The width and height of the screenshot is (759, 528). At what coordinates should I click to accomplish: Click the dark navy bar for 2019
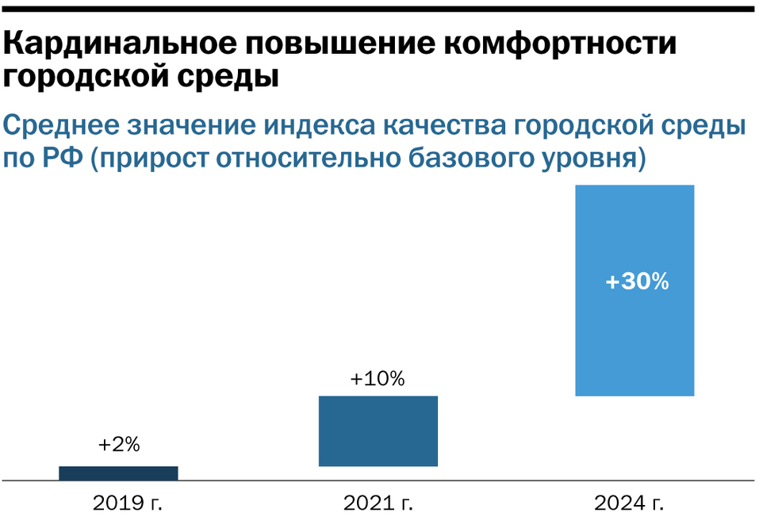pos(118,473)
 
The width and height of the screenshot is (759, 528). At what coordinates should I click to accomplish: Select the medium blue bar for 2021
pos(378,430)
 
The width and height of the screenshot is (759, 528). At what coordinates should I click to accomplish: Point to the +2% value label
pos(119,446)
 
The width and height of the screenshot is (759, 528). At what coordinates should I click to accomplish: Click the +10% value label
pos(378,379)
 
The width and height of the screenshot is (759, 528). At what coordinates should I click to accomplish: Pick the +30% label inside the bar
pos(637,281)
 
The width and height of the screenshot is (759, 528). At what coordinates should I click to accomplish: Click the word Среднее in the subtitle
pos(61,125)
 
